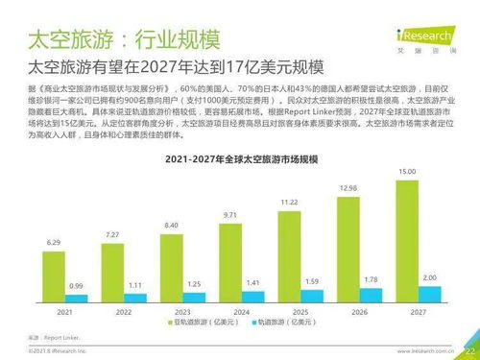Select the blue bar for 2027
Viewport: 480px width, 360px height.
pyautogui.click(x=429, y=295)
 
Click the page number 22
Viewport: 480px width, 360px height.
pyautogui.click(x=469, y=351)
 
